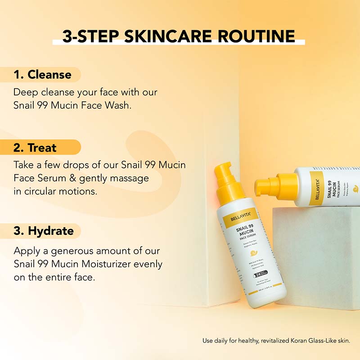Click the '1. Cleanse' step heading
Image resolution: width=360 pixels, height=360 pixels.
pyautogui.click(x=42, y=74)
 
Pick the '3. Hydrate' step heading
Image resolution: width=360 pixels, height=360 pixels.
pyautogui.click(x=44, y=231)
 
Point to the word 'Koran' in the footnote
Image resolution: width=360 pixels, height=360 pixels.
pyautogui.click(x=296, y=341)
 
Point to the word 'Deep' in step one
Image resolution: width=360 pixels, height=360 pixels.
pyautogui.click(x=24, y=92)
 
